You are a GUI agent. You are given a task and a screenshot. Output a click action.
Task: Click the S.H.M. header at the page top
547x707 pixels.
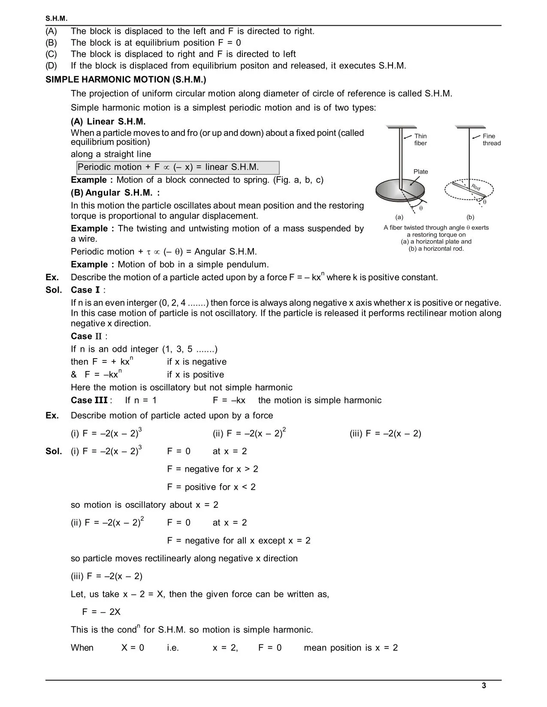pos(57,19)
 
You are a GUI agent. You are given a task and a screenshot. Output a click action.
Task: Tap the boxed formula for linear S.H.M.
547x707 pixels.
pos(178,167)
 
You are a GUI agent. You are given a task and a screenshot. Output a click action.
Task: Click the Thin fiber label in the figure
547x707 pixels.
pos(420,140)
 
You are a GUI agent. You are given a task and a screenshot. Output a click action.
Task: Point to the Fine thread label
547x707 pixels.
pos(491,140)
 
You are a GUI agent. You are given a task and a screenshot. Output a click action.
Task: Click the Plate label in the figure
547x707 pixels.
pos(420,171)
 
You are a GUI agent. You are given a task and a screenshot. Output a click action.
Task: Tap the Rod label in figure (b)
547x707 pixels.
pos(476,187)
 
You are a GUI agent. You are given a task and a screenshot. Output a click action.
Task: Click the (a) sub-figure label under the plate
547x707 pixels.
pos(399,217)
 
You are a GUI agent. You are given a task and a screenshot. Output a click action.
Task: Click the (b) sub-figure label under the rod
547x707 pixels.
pos(470,217)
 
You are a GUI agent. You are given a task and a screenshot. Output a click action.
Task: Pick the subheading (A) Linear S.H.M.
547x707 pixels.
pos(108,122)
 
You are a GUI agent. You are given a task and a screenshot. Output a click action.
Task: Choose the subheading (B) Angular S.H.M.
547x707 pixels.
pos(115,193)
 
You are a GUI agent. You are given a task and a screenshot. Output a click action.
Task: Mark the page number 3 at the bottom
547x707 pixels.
pos(484,686)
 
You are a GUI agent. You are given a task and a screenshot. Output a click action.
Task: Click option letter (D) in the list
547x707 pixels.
pos(51,66)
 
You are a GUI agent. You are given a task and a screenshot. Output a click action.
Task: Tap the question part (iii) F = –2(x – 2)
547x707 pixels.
pos(385,434)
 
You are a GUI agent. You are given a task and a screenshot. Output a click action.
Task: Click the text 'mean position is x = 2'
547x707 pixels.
pos(351,648)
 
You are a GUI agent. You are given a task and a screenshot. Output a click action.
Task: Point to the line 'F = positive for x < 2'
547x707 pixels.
pos(211,487)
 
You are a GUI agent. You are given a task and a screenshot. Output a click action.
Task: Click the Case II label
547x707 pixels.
pos(88,336)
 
